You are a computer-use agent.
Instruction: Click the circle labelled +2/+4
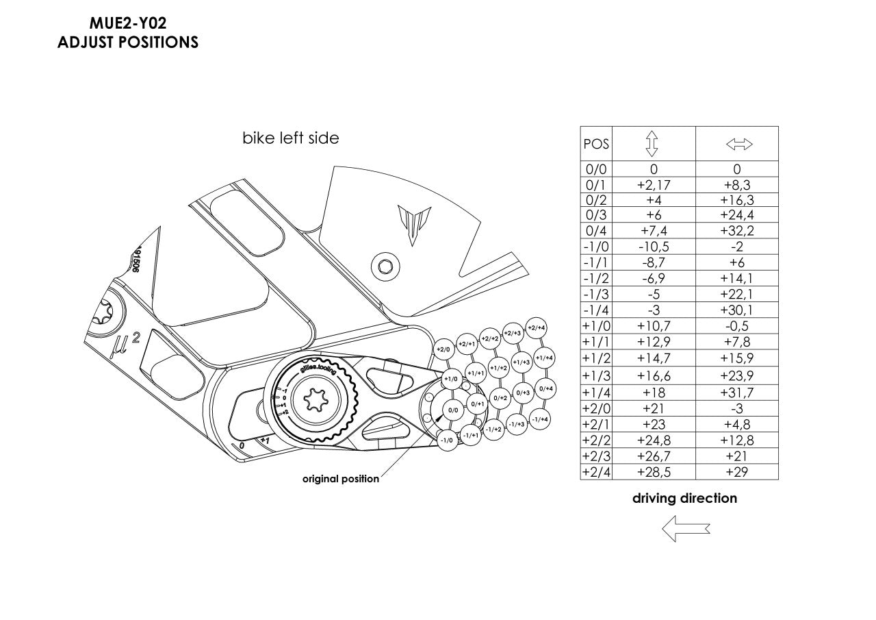click(x=536, y=328)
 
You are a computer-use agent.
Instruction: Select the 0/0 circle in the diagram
click(x=452, y=410)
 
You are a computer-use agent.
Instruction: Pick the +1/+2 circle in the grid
click(x=498, y=368)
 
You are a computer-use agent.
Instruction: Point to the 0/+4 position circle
click(x=545, y=388)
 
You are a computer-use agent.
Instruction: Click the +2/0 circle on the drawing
click(x=443, y=349)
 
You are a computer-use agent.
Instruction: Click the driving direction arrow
click(x=685, y=528)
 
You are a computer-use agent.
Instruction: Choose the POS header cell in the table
click(x=595, y=145)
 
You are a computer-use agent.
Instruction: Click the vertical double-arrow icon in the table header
click(x=653, y=144)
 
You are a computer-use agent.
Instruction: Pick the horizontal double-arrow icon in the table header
click(x=738, y=145)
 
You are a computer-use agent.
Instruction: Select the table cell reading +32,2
click(x=737, y=230)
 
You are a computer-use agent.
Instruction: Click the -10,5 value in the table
click(x=653, y=247)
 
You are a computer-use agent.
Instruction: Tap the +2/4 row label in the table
click(x=595, y=472)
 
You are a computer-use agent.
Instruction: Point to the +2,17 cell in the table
click(x=653, y=184)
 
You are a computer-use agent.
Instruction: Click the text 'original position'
click(x=341, y=479)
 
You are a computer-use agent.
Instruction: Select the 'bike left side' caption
click(x=291, y=138)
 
